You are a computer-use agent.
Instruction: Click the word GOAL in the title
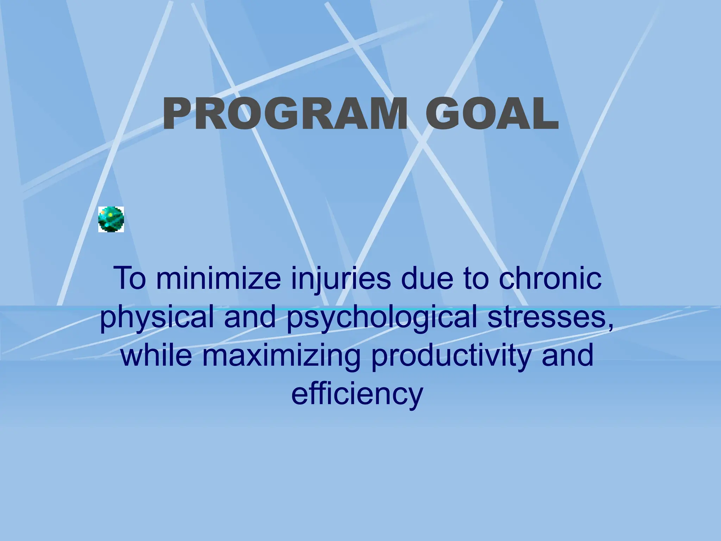[492, 114]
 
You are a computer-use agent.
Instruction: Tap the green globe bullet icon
[111, 219]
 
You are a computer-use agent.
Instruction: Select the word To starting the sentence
[130, 279]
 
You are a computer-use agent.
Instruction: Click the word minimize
[218, 279]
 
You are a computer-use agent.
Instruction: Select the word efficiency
[357, 395]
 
